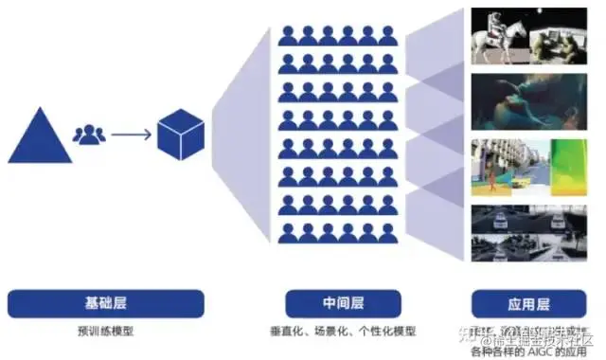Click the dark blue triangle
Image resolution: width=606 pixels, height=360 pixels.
tap(40, 138)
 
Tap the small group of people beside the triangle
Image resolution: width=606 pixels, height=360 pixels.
tap(89, 135)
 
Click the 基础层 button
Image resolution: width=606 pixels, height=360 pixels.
tap(105, 303)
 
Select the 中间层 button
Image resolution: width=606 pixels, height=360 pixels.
tap(339, 303)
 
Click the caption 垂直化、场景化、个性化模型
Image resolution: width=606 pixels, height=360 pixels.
tap(339, 331)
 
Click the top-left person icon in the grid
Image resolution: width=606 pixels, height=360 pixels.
tap(287, 36)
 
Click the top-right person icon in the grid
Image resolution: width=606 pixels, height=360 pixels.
tap(387, 36)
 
